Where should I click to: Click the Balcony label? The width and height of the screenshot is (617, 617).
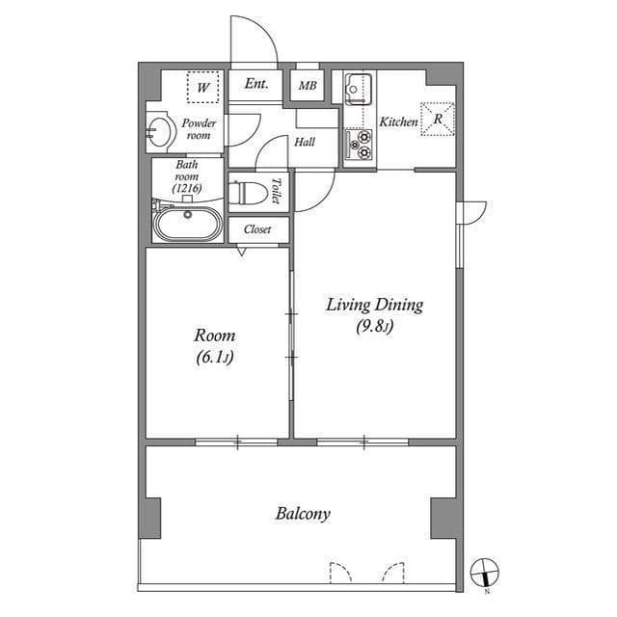pos(303,514)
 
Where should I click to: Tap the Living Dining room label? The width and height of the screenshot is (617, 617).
pos(374,306)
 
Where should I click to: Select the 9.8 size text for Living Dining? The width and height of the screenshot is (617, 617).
pos(374,327)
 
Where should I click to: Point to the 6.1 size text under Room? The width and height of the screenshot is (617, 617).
pos(214,357)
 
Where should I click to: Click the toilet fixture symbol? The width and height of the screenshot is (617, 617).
pos(247,191)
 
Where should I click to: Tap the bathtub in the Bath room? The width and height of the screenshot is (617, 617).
pos(187,224)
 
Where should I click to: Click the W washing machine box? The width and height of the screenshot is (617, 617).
pos(203,88)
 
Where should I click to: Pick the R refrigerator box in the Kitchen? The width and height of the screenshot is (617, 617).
pos(438,120)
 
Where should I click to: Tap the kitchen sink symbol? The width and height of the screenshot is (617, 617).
pos(358,90)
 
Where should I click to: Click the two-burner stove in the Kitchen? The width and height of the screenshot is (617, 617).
pos(359,145)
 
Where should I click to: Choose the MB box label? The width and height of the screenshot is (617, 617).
pos(307,86)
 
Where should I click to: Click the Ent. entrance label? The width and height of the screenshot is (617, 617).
pos(255,85)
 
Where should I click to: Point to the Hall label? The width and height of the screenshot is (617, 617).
pos(305,142)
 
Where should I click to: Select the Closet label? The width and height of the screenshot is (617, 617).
pos(256,229)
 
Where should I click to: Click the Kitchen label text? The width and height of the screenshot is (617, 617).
pos(397,122)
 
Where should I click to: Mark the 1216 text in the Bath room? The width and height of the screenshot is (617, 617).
pos(187,189)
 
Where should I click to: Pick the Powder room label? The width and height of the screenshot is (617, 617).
pos(199,129)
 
